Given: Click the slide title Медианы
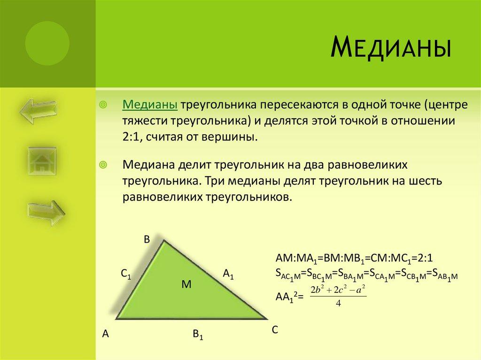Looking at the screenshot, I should click(391, 48).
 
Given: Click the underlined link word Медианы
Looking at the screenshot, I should click(150, 105).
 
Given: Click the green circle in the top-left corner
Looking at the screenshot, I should click(47, 44).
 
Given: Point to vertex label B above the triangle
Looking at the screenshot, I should click(147, 240).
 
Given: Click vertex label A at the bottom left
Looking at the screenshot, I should click(106, 334).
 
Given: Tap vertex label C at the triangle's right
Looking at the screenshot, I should click(275, 330).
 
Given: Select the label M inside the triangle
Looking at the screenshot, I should click(186, 284).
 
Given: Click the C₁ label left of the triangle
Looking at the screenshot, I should click(125, 275).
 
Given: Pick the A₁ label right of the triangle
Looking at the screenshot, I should click(228, 275).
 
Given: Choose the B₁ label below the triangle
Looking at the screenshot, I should click(197, 335).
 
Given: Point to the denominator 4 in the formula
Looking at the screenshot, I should click(338, 303).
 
